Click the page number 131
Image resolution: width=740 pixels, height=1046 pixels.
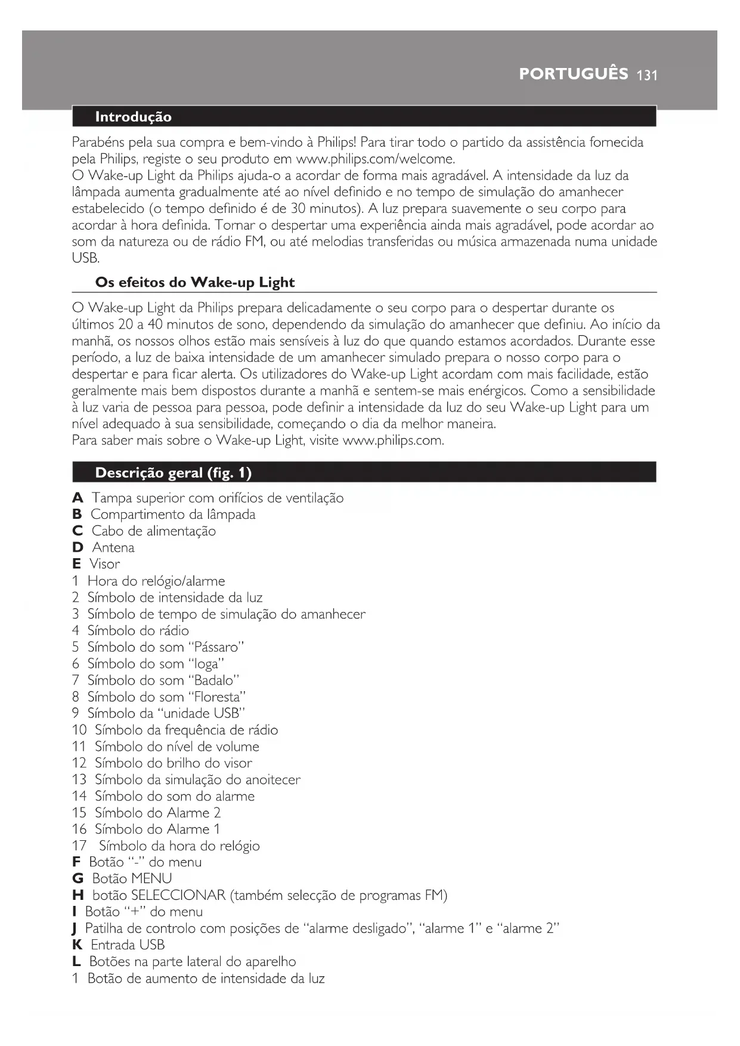646,75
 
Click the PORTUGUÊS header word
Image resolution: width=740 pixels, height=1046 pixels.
573,74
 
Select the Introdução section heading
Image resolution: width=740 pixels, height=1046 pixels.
133,117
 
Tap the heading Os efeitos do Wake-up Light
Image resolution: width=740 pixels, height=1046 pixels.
194,282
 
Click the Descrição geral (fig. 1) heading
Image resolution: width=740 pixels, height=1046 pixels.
173,473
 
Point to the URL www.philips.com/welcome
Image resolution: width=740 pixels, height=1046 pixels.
375,159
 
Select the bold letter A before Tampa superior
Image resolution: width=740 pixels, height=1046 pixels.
78,498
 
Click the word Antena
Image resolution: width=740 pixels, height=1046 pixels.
113,547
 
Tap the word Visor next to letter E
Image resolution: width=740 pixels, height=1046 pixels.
105,564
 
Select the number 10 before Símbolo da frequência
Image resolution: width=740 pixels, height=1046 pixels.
79,730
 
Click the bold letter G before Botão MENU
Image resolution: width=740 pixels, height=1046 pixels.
78,878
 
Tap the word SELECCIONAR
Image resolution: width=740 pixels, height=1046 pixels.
178,895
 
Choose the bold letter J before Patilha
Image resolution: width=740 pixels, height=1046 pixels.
74,929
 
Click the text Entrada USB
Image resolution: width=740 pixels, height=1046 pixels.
128,945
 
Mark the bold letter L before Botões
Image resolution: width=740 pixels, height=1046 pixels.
76,961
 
